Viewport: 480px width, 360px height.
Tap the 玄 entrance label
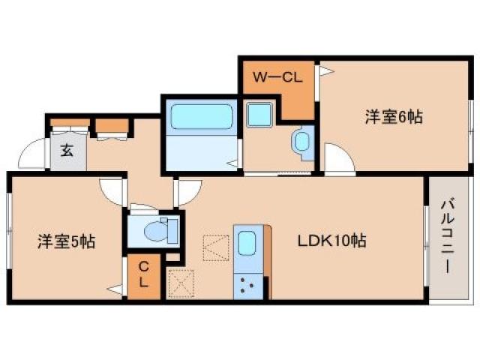click(67, 150)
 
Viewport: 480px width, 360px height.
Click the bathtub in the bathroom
click(199, 117)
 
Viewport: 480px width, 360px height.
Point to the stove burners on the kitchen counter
click(248, 283)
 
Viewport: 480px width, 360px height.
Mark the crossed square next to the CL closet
click(180, 282)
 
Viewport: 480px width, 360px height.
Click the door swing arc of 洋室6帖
click(334, 160)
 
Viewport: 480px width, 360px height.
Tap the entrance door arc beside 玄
click(31, 155)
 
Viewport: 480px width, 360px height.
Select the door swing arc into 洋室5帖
click(112, 191)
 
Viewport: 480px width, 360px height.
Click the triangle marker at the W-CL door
click(325, 71)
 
